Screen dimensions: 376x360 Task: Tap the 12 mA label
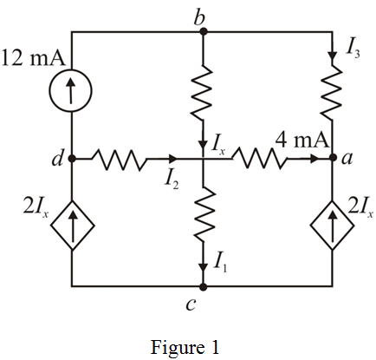pyautogui.click(x=33, y=58)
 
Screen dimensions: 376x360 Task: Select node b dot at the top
pyautogui.click(x=204, y=31)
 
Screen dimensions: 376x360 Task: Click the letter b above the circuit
pyautogui.click(x=199, y=17)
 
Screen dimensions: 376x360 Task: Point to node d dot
pyautogui.click(x=72, y=159)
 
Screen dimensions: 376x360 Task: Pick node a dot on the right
pyautogui.click(x=333, y=158)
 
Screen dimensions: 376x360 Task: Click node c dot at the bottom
pyautogui.click(x=204, y=286)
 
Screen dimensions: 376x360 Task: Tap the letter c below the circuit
pyautogui.click(x=191, y=304)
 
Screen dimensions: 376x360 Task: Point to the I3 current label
pyautogui.click(x=353, y=50)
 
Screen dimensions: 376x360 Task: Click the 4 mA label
pyautogui.click(x=301, y=141)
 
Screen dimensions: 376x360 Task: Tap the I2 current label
pyautogui.click(x=172, y=180)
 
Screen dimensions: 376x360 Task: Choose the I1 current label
pyautogui.click(x=220, y=264)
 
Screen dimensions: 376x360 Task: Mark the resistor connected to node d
pyautogui.click(x=119, y=159)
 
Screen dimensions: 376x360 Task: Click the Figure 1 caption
pyautogui.click(x=185, y=347)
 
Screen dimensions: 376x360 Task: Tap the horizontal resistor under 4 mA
pyautogui.click(x=259, y=158)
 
